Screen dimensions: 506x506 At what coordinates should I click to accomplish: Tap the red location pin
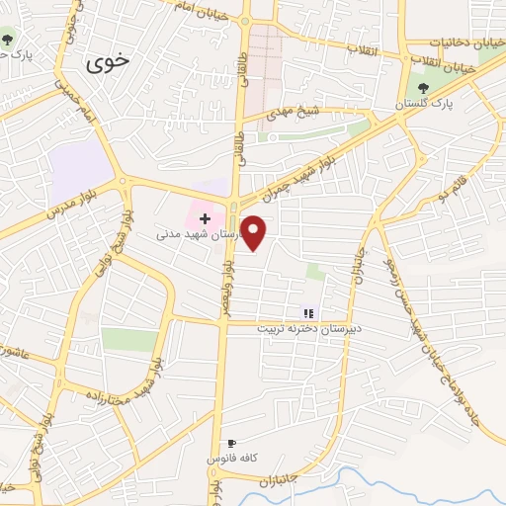point(255,233)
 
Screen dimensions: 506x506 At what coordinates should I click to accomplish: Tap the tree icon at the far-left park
point(8,41)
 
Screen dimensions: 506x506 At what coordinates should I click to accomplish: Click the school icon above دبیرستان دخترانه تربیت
point(307,312)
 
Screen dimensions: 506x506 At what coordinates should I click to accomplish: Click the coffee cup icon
point(231,443)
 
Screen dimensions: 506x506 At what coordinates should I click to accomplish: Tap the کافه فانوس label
point(232,459)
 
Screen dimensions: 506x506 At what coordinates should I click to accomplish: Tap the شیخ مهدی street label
point(297,113)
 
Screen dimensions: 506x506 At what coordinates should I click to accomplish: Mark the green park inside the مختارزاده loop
point(129,340)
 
